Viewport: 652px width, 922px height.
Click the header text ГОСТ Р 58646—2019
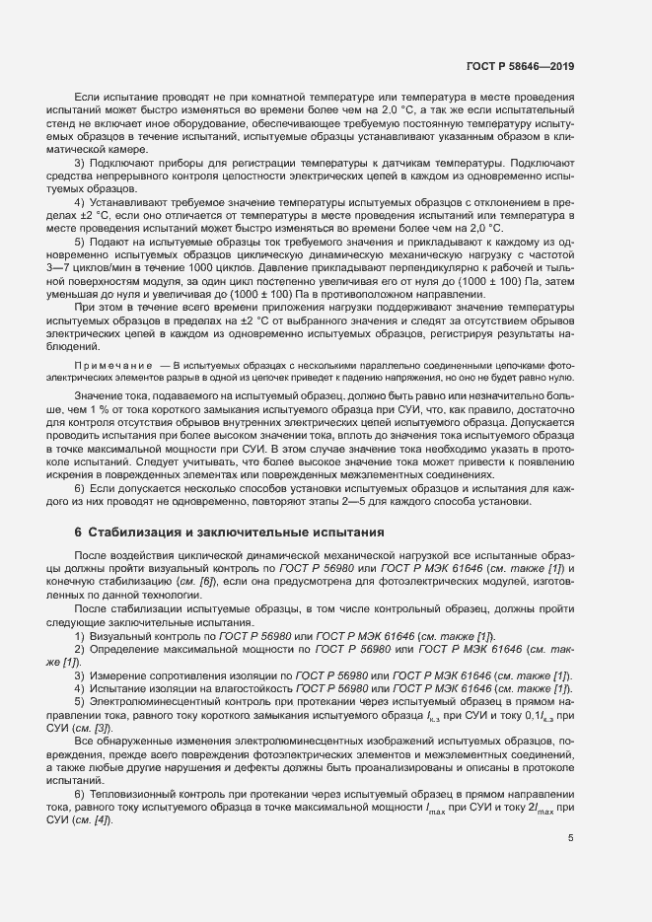pyautogui.click(x=519, y=67)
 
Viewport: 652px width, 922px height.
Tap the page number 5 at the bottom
pyautogui.click(x=571, y=839)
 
